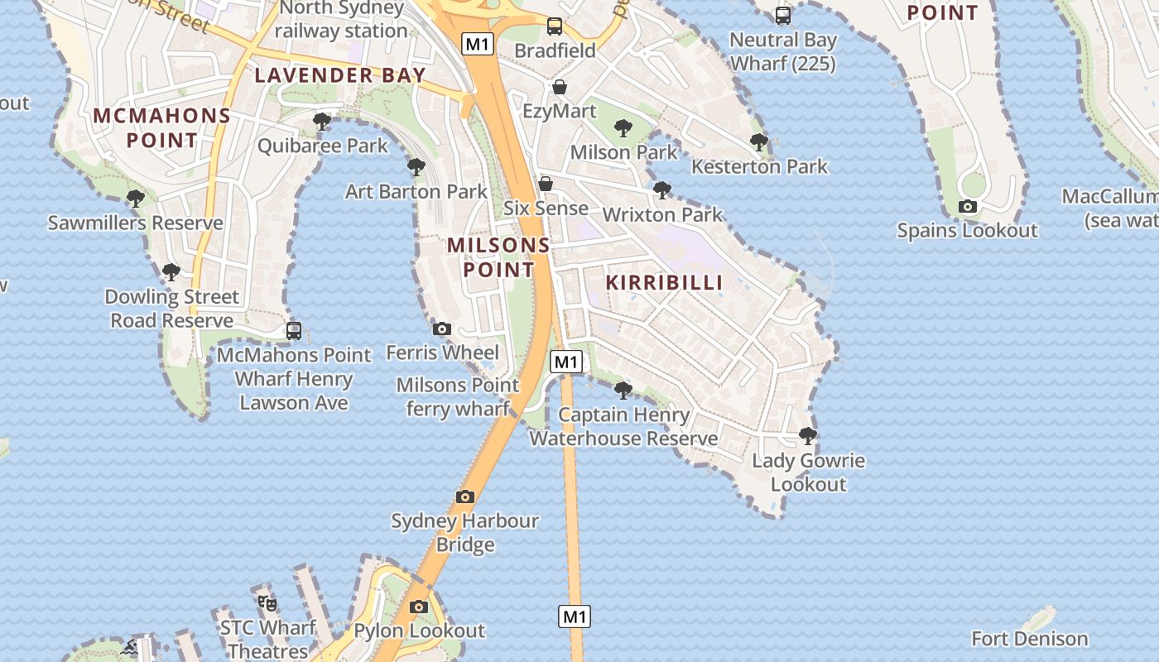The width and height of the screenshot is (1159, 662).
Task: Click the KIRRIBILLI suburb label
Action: coord(664,282)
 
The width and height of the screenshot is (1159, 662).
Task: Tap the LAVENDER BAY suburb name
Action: coord(339,75)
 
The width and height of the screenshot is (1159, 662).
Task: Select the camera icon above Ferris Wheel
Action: coord(442,329)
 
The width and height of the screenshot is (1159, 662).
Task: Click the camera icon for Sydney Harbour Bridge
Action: coord(465,497)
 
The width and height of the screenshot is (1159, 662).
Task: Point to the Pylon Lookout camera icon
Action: coord(419,607)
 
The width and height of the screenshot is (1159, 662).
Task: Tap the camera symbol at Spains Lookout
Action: coord(967,207)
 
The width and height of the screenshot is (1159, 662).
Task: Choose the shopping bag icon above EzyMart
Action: coord(560,87)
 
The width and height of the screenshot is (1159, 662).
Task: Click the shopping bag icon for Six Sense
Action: coord(546,184)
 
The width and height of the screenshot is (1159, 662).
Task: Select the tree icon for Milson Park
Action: coord(623,128)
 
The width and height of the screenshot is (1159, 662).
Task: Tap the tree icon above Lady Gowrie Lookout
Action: coord(808,436)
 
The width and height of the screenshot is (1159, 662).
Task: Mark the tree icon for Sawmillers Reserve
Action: coord(135,199)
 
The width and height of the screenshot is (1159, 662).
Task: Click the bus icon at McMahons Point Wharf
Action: coord(293,331)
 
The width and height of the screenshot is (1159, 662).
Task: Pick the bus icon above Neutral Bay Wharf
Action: coord(782,16)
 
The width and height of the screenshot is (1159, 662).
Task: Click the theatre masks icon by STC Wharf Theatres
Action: coord(267,602)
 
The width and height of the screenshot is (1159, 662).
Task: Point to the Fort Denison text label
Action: coord(1029,639)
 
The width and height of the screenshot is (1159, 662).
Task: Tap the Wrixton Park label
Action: coord(662,215)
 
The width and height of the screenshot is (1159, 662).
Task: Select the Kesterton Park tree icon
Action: coord(758,142)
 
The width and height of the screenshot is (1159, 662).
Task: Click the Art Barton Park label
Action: coord(416,192)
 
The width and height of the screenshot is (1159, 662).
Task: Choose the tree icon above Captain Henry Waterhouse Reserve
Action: coord(623,390)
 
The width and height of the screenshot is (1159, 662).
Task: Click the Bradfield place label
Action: coord(555,50)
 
